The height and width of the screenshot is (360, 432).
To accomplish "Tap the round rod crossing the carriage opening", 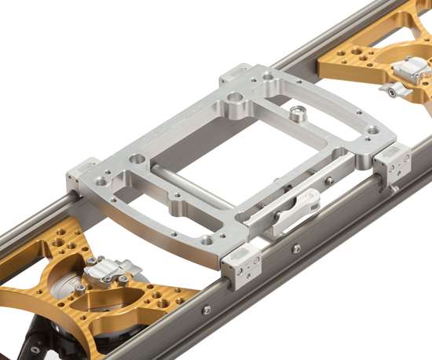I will click(x=189, y=186).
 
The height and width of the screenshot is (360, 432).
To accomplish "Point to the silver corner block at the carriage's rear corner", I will click(x=240, y=76).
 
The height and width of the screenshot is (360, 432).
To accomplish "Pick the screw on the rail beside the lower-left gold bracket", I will click(x=206, y=310).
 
